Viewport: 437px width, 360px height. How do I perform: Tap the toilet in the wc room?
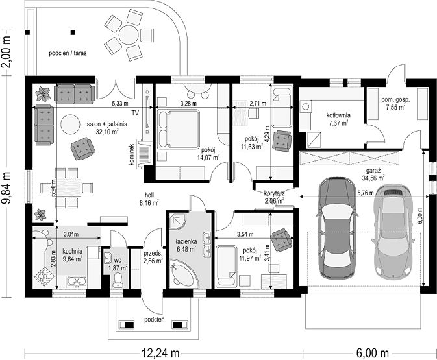point(118,280)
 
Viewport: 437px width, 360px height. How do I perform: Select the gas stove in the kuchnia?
point(44,276)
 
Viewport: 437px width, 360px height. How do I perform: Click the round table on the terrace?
point(129,35)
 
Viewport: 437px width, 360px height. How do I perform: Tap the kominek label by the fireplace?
point(132,155)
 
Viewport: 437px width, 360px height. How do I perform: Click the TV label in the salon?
point(136,113)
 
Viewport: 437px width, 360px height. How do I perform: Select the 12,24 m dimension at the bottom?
point(160,354)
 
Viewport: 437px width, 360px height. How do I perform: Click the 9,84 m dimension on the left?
point(6,187)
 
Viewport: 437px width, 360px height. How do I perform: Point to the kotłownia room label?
point(338,115)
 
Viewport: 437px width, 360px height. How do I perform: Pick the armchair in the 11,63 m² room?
point(282,141)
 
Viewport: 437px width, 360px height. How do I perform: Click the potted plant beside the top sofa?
point(43,94)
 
